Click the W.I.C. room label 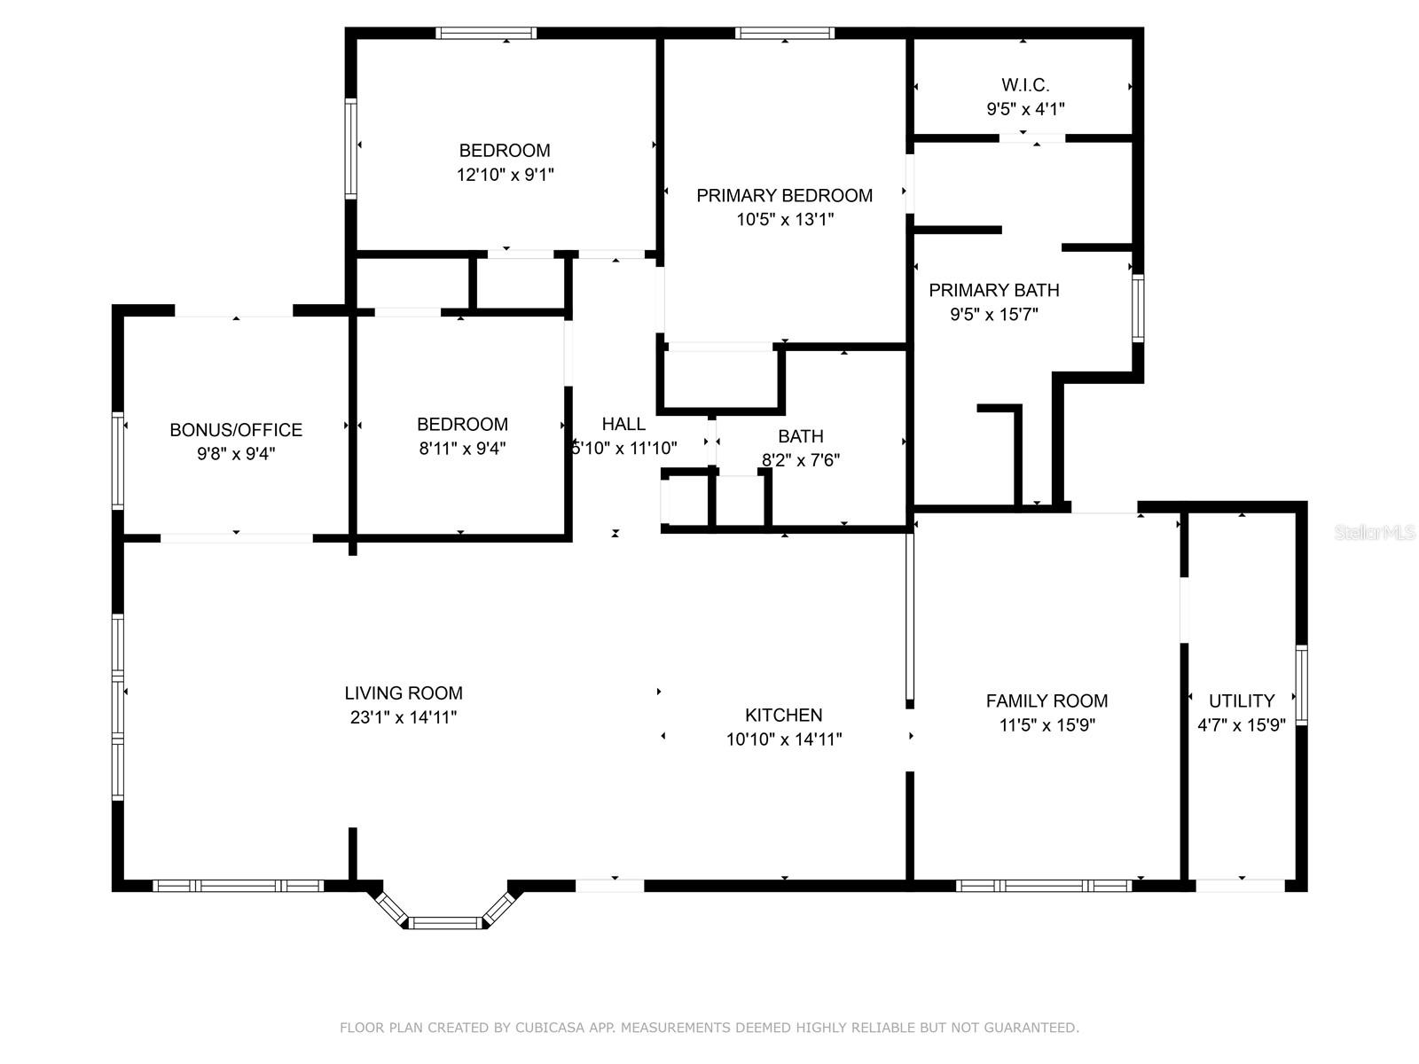pyautogui.click(x=1025, y=85)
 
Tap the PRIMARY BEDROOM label pyautogui.click(x=784, y=195)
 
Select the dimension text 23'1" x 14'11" pyautogui.click(x=404, y=717)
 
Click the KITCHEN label pyautogui.click(x=783, y=715)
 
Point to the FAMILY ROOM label pyautogui.click(x=1047, y=700)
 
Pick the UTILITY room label pyautogui.click(x=1242, y=700)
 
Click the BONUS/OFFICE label pyautogui.click(x=236, y=430)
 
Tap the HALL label pyautogui.click(x=623, y=424)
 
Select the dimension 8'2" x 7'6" pyautogui.click(x=801, y=460)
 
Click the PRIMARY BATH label pyautogui.click(x=993, y=290)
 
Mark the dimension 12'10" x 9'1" pyautogui.click(x=505, y=175)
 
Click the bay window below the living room pyautogui.click(x=445, y=922)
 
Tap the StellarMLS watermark pyautogui.click(x=1375, y=533)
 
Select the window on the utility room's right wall pyautogui.click(x=1301, y=685)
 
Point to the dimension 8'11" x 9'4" pyautogui.click(x=462, y=449)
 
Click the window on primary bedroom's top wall pyautogui.click(x=784, y=34)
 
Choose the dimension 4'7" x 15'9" pyautogui.click(x=1242, y=725)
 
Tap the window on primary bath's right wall pyautogui.click(x=1137, y=308)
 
